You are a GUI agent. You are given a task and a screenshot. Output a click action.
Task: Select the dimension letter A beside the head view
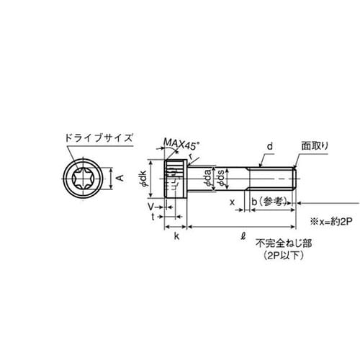(120, 176)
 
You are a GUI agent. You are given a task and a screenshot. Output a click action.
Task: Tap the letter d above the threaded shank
(269, 146)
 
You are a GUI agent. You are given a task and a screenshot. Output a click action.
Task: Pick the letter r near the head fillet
(191, 156)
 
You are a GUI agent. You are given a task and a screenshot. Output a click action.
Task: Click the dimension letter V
(153, 206)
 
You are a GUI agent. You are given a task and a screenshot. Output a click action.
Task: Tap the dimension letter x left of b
(232, 203)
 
